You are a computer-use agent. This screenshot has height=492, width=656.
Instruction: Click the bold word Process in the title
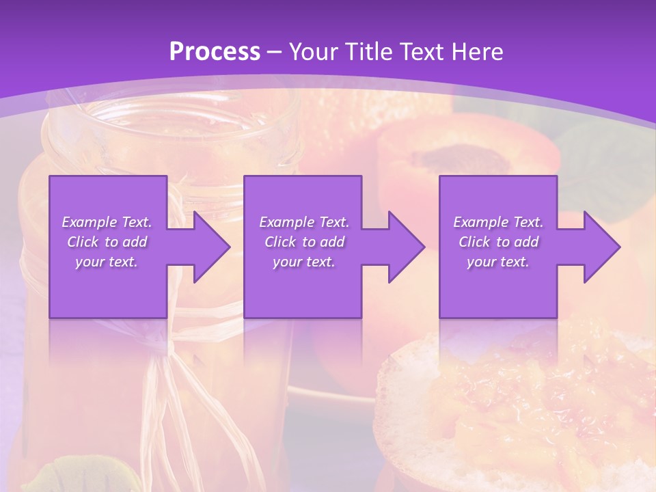[215, 52]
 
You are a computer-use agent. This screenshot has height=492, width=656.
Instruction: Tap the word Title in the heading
[366, 52]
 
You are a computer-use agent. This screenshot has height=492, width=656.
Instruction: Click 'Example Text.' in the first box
[107, 222]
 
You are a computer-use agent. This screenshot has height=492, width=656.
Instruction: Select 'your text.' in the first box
[107, 262]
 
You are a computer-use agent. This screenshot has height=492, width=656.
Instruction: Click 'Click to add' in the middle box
[304, 242]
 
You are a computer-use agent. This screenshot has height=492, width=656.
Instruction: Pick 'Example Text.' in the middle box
[304, 222]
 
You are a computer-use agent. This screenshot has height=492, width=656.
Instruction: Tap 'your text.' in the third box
[498, 262]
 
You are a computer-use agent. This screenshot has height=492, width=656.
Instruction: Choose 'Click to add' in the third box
[498, 242]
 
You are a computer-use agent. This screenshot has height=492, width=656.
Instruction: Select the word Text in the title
[421, 52]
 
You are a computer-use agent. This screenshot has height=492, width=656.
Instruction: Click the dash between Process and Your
[275, 52]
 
